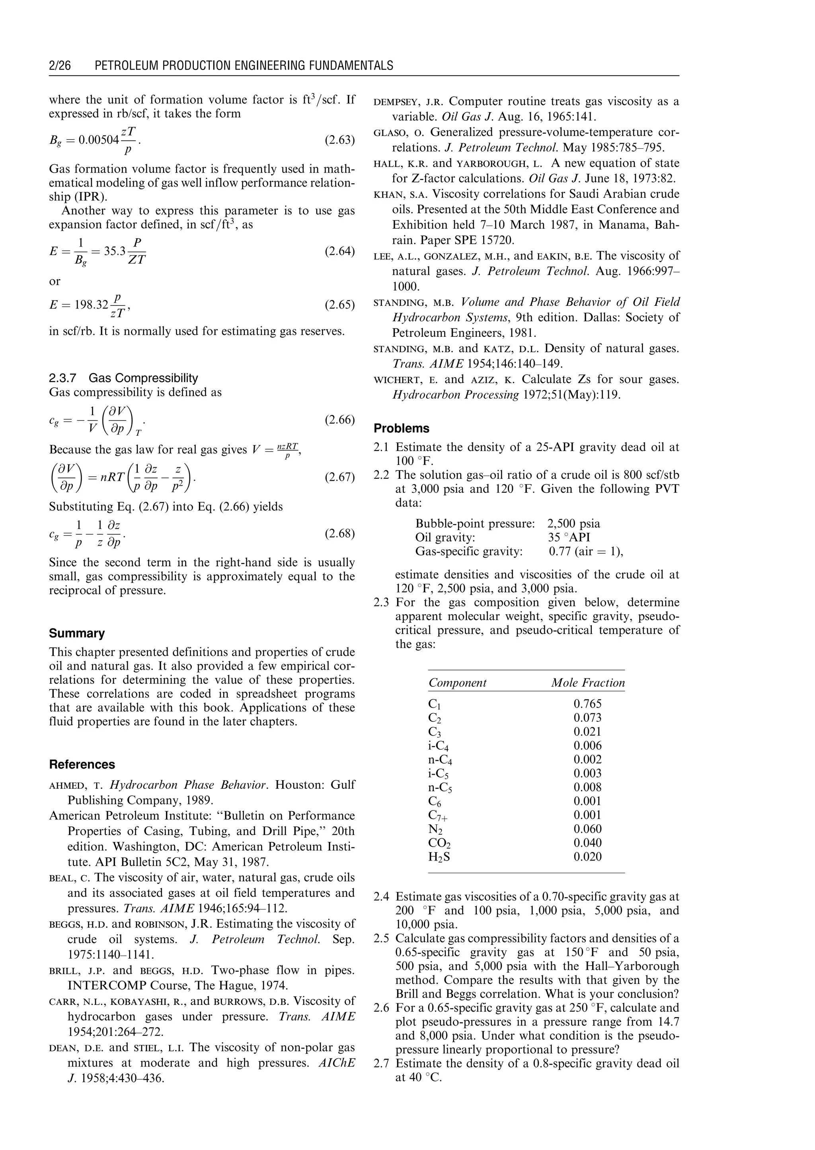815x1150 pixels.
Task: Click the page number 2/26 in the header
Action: coord(60,66)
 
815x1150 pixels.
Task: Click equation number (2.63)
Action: coord(340,140)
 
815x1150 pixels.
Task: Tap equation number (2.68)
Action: coord(340,533)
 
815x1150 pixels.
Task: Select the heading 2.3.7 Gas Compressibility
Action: coord(123,378)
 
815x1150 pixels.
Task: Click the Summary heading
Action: coord(77,633)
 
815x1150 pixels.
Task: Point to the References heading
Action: coord(82,765)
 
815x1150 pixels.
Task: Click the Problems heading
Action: coord(402,428)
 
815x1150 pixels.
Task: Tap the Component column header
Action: coord(457,683)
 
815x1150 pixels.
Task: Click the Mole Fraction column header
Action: coord(588,683)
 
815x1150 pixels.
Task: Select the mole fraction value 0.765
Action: coord(587,704)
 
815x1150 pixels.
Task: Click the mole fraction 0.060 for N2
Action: coord(587,829)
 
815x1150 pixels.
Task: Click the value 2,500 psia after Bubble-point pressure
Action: coord(573,524)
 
